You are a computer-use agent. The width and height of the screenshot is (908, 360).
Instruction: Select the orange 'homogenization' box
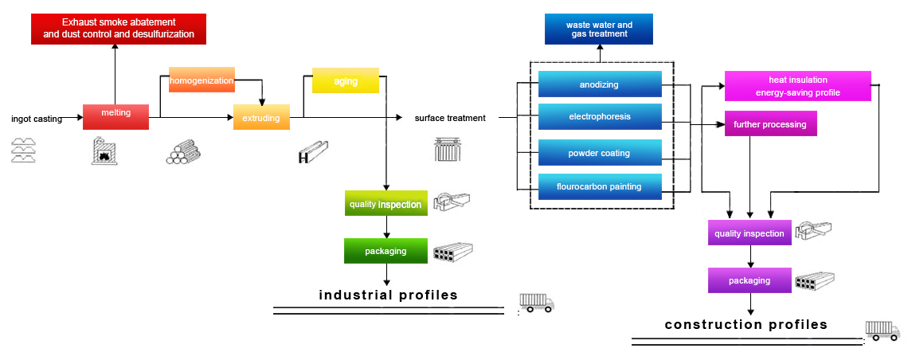202,80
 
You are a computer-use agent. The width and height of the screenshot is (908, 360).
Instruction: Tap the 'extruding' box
261,117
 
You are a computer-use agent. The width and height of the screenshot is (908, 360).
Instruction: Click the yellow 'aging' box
345,81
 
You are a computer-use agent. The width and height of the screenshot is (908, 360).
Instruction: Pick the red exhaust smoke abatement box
119,29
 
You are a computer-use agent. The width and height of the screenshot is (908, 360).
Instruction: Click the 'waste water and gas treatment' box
599,29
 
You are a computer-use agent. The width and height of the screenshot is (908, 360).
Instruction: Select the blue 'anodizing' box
600,84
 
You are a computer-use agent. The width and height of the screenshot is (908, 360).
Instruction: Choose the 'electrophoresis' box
600,117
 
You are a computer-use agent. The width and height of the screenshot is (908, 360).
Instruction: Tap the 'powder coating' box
600,153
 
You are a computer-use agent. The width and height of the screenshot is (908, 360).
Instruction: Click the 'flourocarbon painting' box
600,187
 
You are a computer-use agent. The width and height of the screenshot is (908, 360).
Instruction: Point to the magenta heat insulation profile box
797,86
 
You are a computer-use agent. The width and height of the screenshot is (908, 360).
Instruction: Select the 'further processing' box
770,124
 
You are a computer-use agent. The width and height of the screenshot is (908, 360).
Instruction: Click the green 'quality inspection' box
385,204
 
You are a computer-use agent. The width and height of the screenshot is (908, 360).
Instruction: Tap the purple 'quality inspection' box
749,233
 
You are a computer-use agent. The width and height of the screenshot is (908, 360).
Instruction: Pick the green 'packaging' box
386,251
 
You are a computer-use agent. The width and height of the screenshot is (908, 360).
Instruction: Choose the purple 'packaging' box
749,280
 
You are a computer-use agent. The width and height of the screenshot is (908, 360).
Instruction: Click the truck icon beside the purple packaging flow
884,331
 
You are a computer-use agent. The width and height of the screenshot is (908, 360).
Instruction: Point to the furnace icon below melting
104,151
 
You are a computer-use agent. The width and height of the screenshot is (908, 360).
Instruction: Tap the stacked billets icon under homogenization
184,151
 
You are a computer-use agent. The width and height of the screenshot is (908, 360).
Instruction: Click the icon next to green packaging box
452,252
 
